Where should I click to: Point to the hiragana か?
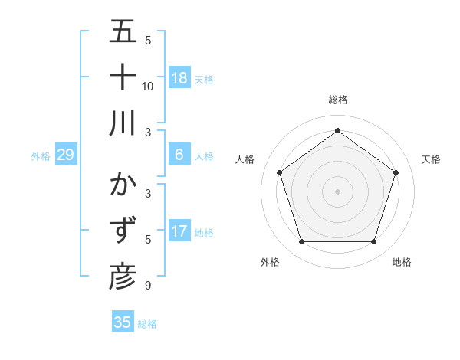tap(123, 186)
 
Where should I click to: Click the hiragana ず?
tap(123, 231)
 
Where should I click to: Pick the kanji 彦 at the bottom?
tap(123, 277)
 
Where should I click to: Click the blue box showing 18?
tap(179, 77)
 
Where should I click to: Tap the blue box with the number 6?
tap(179, 155)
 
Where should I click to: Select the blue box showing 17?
tap(179, 231)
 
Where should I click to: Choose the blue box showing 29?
tap(65, 155)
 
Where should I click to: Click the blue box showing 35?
tap(123, 322)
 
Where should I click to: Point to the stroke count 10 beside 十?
tap(148, 86)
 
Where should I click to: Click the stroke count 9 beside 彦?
tap(148, 286)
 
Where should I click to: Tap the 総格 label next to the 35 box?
tap(147, 324)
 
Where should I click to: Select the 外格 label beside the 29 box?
tap(41, 156)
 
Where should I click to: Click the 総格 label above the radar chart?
tap(337, 100)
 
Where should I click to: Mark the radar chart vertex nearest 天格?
tap(396, 172)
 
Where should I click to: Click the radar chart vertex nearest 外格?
tap(301, 242)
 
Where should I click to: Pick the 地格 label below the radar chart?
tap(402, 262)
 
